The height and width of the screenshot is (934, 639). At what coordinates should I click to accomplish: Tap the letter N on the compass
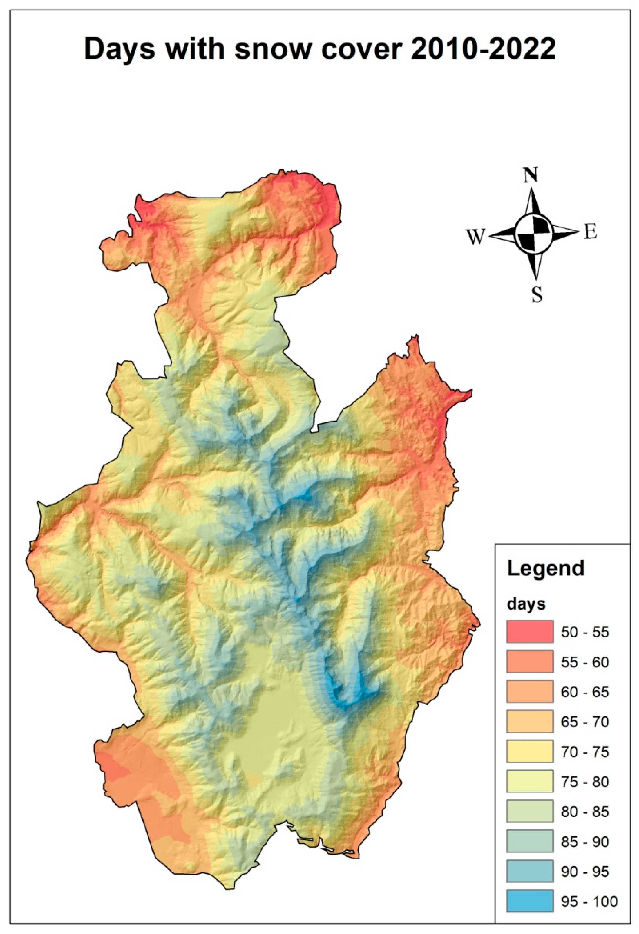tap(531, 175)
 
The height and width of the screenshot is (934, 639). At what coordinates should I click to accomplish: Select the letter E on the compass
tap(590, 233)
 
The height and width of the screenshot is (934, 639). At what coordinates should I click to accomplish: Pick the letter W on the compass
tap(475, 237)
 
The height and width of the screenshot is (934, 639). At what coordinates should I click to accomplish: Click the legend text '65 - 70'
tap(585, 722)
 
